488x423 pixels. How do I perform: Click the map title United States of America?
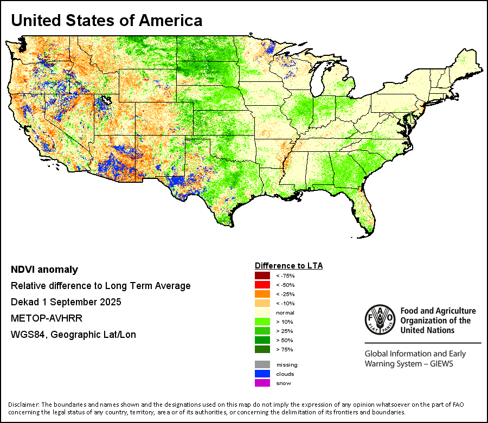click(x=107, y=21)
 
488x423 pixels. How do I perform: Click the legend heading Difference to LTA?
click(x=288, y=266)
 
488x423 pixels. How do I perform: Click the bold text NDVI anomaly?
click(x=44, y=270)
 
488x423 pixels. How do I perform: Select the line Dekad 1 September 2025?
click(x=66, y=302)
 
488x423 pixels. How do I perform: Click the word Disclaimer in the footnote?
click(x=23, y=405)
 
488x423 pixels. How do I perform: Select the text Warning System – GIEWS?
click(x=409, y=363)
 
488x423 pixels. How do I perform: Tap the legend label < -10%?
click(x=285, y=303)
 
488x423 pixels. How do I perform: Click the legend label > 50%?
click(x=285, y=340)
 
